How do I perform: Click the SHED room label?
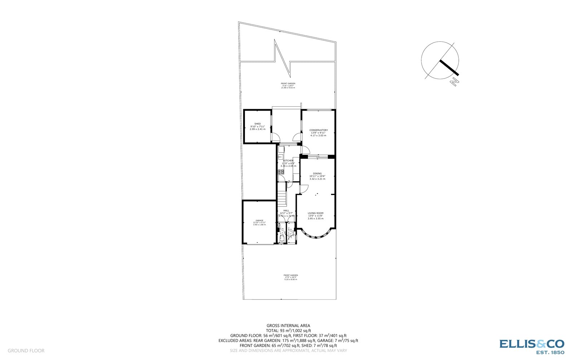tap(257, 124)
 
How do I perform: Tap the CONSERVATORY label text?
tap(318, 130)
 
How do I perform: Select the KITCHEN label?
tap(288, 161)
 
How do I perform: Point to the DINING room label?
tap(317, 173)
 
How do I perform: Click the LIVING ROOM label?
tap(316, 213)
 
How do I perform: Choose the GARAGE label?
tap(259, 221)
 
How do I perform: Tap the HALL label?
tap(286, 210)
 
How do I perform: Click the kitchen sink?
tap(281, 157)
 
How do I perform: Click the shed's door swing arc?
tap(275, 137)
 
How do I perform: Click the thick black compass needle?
tap(449, 68)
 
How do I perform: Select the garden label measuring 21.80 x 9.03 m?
tap(288, 85)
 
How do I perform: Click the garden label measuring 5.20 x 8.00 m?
tap(290, 277)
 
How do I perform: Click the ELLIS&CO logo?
tap(532, 346)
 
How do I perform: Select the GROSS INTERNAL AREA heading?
tap(288, 325)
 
